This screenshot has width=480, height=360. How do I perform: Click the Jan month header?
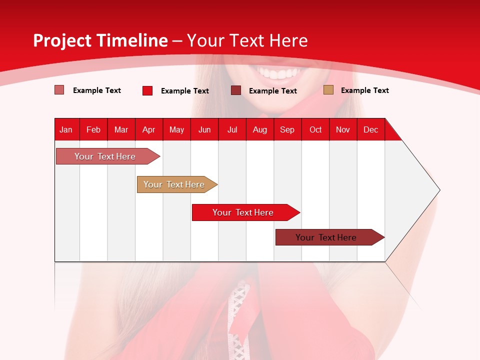tap(66, 129)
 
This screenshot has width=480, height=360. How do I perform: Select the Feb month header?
tap(93, 129)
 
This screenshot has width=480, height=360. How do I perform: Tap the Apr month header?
tap(148, 129)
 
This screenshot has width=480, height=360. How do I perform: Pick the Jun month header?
tap(204, 129)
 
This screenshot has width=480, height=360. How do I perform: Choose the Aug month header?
tap(259, 129)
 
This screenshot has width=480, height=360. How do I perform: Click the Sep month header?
tap(287, 129)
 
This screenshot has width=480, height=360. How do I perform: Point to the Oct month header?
tap(315, 129)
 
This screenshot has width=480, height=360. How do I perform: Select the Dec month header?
tap(370, 129)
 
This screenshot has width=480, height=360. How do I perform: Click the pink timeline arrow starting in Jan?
tap(105, 156)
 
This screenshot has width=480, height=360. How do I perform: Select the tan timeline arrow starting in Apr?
tap(174, 184)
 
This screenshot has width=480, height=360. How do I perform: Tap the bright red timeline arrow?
tap(243, 212)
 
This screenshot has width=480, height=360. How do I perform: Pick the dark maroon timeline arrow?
tap(326, 237)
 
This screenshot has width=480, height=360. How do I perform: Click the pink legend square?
tap(59, 90)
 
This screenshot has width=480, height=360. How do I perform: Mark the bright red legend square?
tap(147, 90)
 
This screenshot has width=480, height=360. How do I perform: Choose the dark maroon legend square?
tap(236, 90)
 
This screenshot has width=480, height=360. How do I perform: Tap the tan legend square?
tap(328, 90)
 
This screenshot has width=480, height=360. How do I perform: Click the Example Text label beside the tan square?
tap(364, 90)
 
